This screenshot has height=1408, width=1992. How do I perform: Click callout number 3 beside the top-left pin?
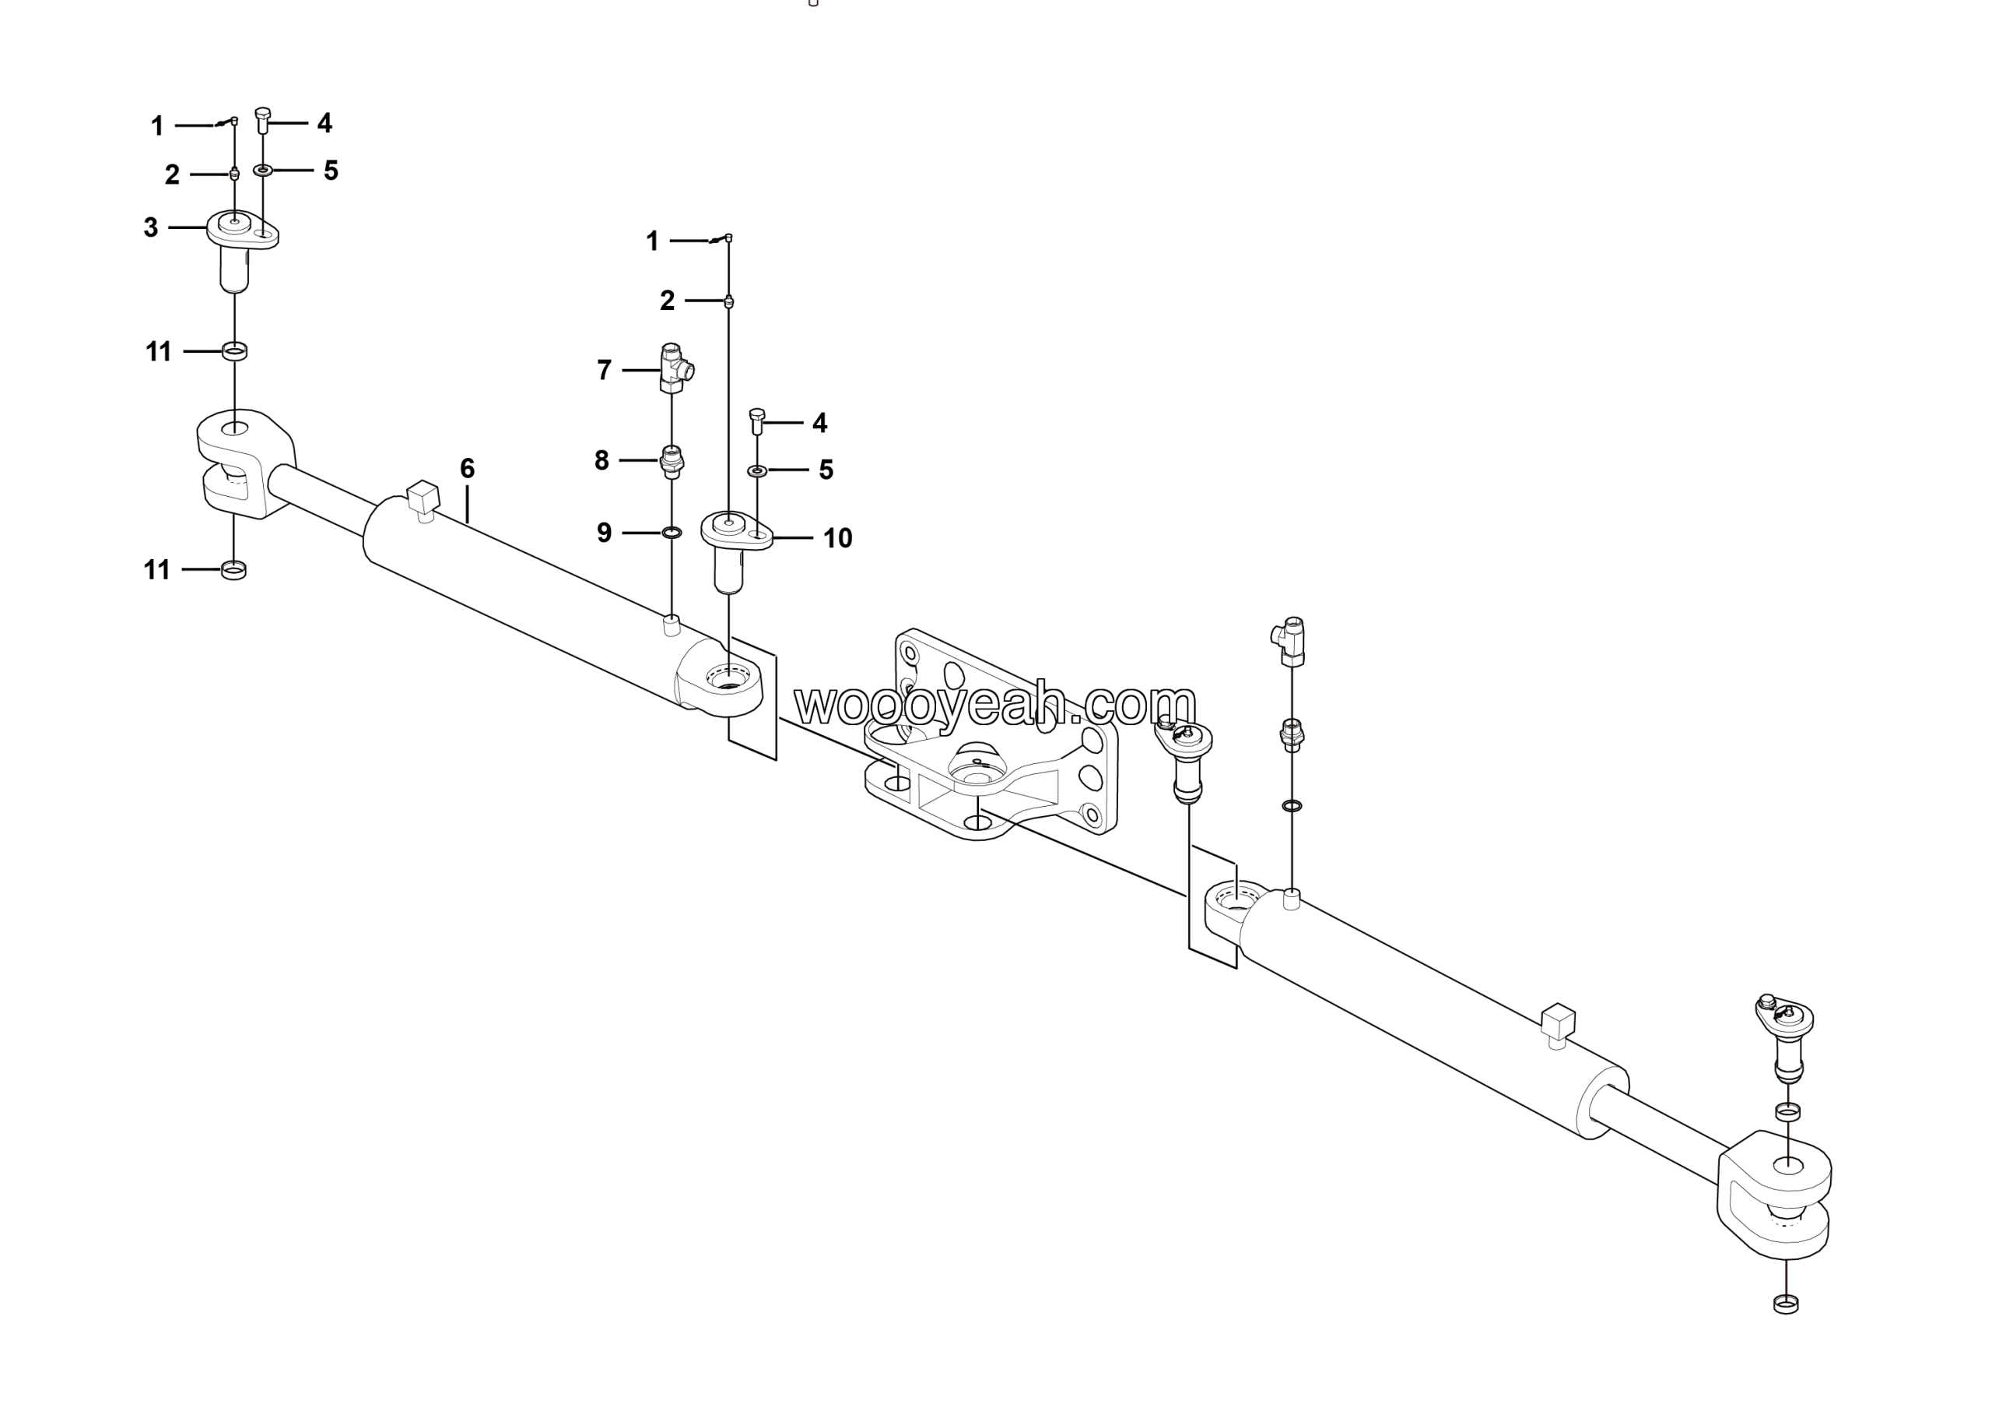151,228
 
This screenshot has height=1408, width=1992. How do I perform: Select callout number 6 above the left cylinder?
467,469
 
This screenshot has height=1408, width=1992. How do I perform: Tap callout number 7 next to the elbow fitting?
605,371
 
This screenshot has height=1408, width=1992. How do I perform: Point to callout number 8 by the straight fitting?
601,460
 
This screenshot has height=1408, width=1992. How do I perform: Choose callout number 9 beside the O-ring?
605,532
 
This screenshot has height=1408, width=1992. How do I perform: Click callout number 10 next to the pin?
837,538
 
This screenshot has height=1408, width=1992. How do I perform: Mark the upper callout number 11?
158,351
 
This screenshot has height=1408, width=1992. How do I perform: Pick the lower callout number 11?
157,570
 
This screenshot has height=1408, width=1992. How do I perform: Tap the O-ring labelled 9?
672,532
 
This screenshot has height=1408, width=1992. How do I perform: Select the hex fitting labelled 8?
672,461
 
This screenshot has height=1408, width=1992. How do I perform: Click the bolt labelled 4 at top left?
264,119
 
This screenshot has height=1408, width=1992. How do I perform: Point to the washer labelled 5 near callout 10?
757,470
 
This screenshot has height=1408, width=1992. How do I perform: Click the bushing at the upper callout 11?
234,351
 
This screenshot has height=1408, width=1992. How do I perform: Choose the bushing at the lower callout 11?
234,570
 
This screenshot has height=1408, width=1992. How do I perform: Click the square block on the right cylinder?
1559,1020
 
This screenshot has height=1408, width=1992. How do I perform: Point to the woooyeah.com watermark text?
995,704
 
